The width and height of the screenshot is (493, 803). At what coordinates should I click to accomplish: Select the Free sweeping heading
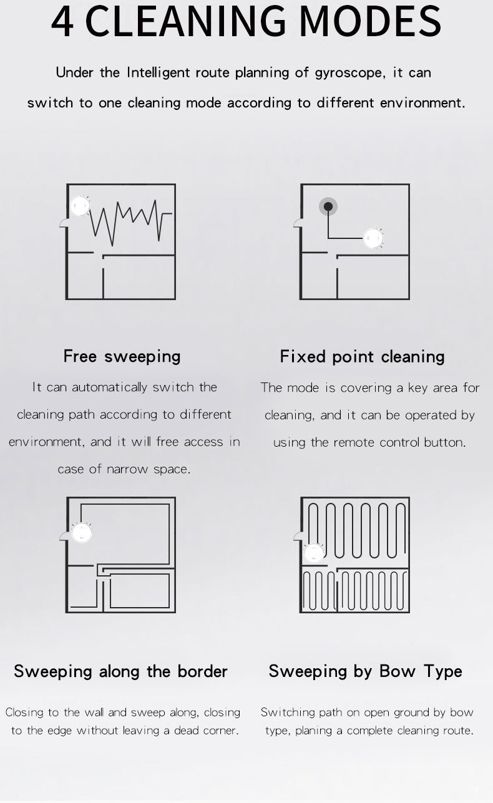(122, 356)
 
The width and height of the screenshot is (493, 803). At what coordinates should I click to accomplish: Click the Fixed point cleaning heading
(362, 357)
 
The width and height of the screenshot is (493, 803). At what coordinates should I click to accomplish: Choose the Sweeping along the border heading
(120, 671)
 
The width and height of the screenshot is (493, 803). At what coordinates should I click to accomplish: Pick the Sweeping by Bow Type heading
(365, 671)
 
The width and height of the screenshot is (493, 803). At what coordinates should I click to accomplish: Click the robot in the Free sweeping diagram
(79, 206)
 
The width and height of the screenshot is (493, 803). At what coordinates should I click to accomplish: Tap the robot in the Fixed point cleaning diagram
(373, 238)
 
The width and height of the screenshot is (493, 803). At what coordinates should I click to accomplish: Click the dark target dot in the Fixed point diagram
(328, 207)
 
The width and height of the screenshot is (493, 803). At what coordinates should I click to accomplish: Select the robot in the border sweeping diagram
(81, 532)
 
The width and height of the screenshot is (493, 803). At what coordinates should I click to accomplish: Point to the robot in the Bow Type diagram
(313, 552)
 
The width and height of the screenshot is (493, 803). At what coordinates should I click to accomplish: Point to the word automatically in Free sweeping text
(109, 387)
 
